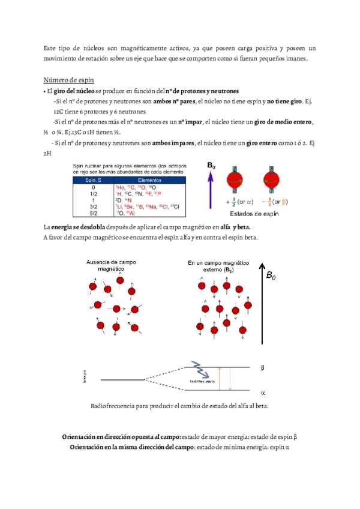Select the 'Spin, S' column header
pos(92,179)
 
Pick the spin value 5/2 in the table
pos(92,211)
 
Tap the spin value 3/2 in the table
pos(92,205)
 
